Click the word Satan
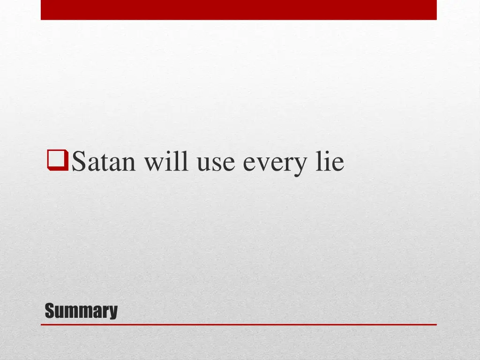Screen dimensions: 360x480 [105, 162]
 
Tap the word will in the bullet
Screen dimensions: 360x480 [167, 162]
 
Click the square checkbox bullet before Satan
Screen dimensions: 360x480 [58, 161]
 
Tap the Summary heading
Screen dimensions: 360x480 [81, 311]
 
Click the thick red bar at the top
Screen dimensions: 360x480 [239, 10]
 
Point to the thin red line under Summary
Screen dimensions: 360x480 [239, 324]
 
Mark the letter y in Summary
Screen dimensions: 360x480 [113, 313]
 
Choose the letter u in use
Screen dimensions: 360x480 [203, 165]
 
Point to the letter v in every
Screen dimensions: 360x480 [263, 165]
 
